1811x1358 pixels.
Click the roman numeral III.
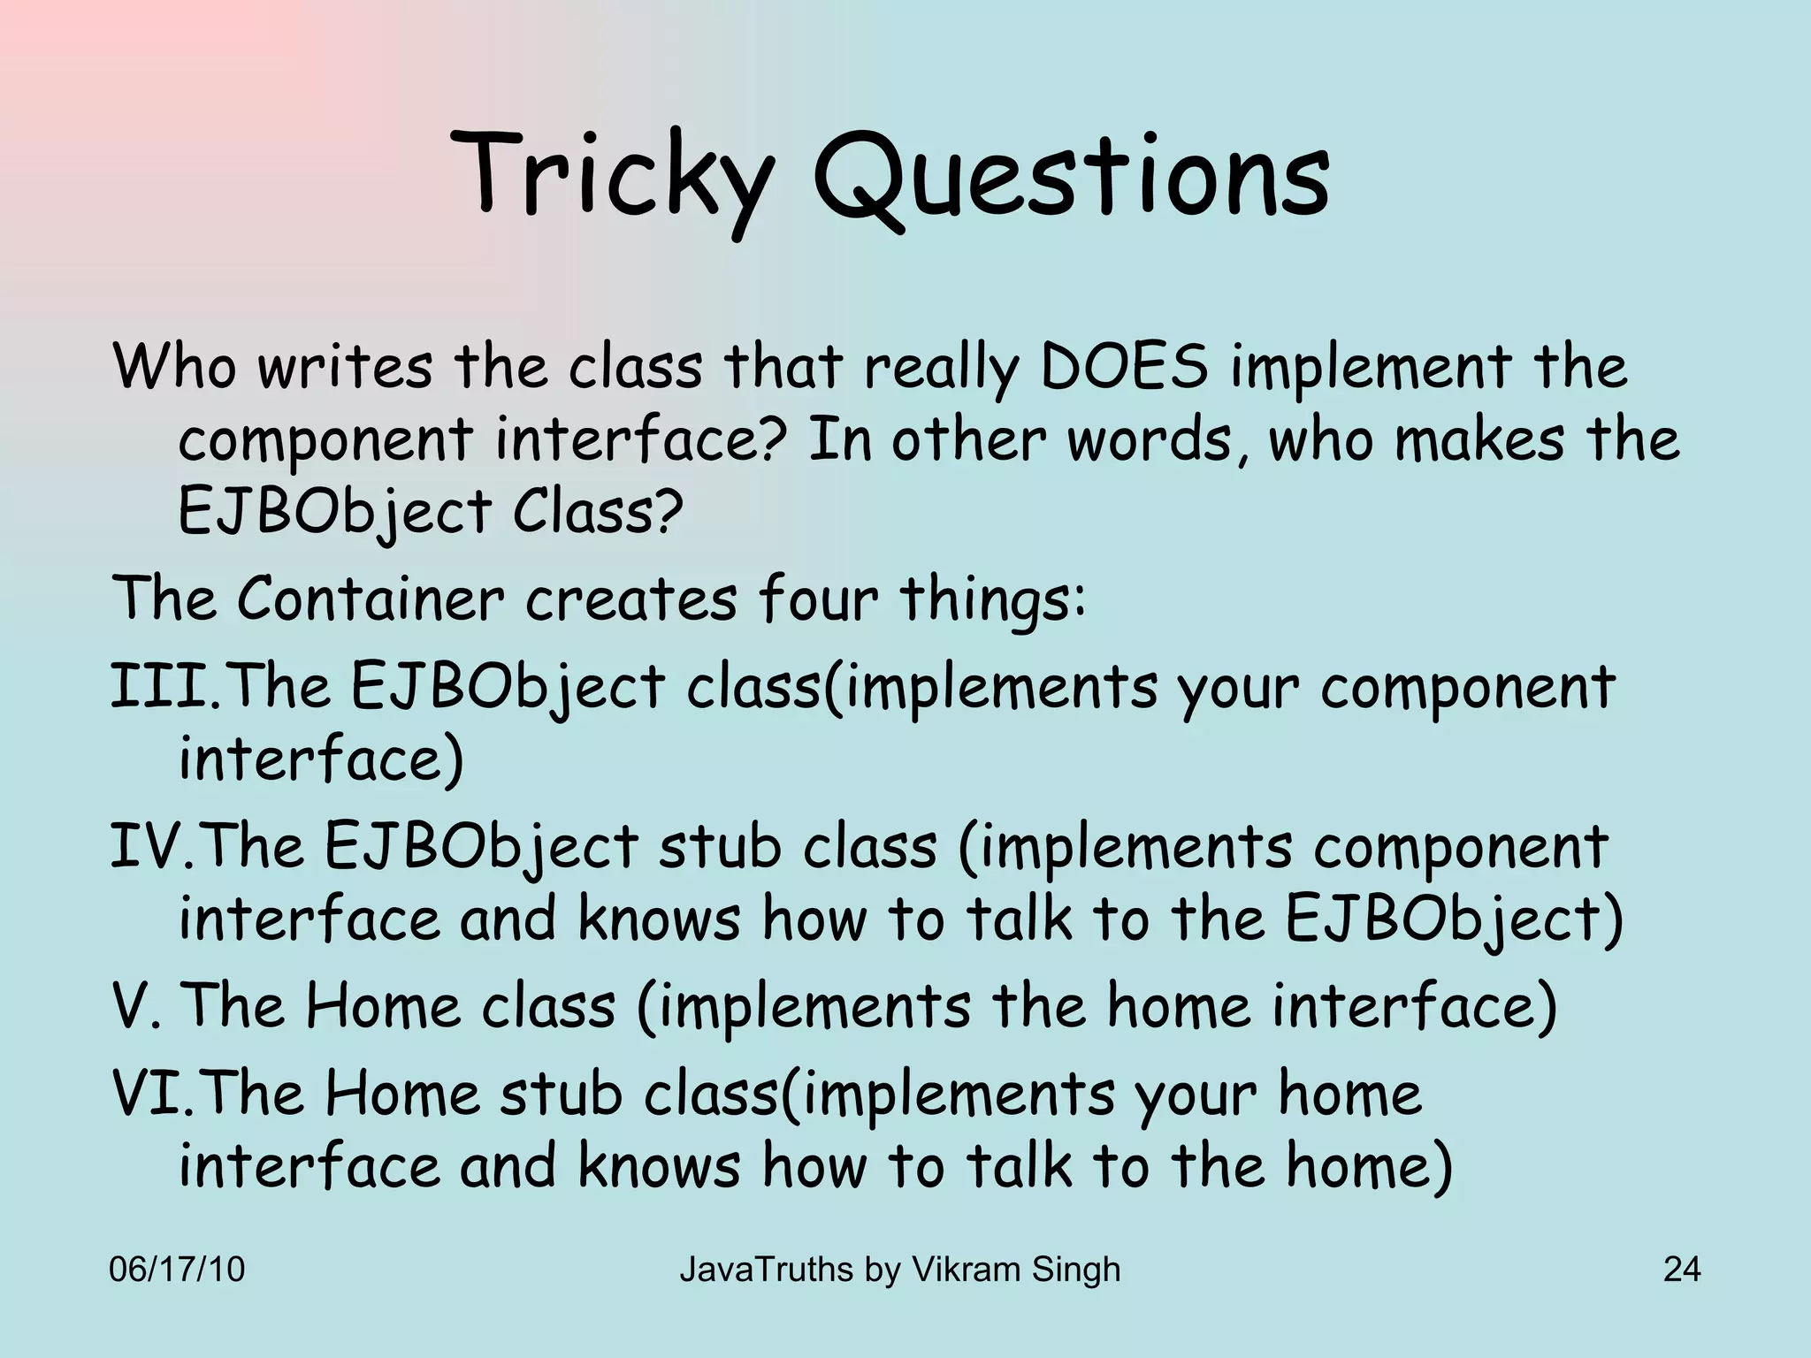tap(159, 687)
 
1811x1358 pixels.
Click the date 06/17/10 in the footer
tap(177, 1270)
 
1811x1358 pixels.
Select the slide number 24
tap(1681, 1270)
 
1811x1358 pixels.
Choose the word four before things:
tap(818, 599)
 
